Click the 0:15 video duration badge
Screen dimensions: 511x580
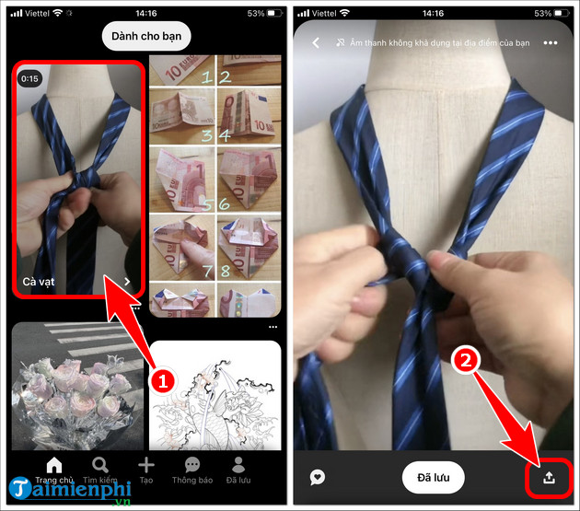point(31,79)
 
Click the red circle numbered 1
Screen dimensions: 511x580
point(163,378)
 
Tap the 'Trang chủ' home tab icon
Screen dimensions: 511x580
point(54,465)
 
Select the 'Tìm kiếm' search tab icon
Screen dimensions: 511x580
point(99,465)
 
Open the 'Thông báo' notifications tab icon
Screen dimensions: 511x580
point(192,465)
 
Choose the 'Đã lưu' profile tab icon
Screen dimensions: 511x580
point(238,465)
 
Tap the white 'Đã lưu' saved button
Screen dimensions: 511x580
point(434,478)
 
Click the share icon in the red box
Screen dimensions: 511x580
point(549,478)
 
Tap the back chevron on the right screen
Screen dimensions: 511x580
point(316,43)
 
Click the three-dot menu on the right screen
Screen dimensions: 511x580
point(551,43)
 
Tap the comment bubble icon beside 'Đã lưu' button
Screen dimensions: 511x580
point(318,478)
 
